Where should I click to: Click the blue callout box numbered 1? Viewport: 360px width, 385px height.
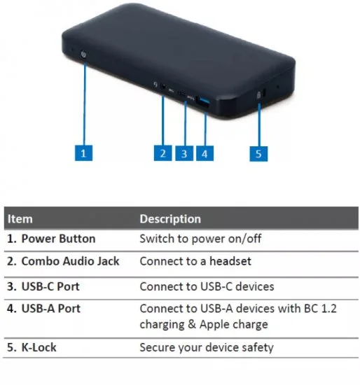(83, 153)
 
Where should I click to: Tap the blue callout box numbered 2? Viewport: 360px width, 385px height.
(162, 153)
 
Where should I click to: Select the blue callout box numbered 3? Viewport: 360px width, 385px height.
(184, 153)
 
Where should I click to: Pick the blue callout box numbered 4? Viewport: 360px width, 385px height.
(205, 153)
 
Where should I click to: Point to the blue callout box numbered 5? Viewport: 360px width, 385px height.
(258, 154)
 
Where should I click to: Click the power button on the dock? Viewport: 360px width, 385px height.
(84, 55)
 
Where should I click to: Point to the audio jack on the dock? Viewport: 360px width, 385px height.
(163, 86)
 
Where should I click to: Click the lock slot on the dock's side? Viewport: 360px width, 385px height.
(264, 92)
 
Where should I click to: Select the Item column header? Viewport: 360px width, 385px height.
(20, 219)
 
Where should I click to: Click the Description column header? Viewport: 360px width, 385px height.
(170, 219)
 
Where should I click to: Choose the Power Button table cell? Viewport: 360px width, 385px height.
(51, 239)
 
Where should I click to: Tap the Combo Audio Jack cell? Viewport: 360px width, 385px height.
(63, 261)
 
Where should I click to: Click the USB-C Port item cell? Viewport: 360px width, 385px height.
(43, 286)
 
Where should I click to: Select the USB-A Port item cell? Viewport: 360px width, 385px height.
(43, 309)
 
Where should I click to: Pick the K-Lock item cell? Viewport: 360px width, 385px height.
(32, 347)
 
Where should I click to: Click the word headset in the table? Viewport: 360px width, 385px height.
(230, 261)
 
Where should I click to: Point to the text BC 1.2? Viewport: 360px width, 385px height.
(321, 309)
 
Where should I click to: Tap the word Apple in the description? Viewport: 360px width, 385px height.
(214, 324)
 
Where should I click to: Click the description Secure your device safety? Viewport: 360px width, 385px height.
(207, 348)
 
